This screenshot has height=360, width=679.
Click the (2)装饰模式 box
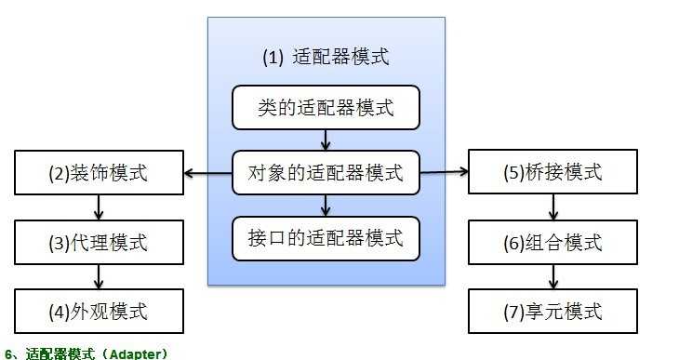point(99,172)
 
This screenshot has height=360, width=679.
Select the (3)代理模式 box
point(99,243)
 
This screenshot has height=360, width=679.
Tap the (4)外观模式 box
point(99,310)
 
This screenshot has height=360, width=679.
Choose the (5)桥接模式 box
point(553,172)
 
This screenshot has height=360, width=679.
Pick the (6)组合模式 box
point(553,243)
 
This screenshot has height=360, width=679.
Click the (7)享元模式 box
point(553,310)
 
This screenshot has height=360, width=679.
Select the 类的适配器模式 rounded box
point(325,108)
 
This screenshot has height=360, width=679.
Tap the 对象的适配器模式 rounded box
point(325,172)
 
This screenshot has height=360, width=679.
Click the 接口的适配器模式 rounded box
point(325,238)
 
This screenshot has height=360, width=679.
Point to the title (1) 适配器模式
point(325,57)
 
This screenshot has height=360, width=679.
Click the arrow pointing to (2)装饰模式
point(206,172)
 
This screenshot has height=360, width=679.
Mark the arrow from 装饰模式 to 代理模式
point(99,207)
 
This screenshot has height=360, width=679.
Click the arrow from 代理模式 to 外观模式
point(99,276)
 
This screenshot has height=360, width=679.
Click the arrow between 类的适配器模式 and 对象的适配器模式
point(325,140)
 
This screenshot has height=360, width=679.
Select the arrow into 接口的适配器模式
point(325,205)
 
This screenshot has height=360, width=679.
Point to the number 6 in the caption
point(8,353)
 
